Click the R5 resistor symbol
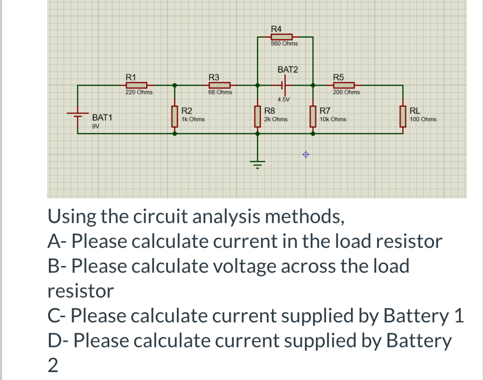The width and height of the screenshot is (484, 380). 341,85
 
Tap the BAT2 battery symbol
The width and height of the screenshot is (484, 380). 285,85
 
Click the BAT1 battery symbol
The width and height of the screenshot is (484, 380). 78,115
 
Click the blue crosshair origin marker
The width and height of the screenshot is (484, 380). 305,155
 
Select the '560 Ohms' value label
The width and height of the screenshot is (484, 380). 284,43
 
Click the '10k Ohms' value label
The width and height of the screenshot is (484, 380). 333,119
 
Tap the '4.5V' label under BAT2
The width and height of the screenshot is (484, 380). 284,99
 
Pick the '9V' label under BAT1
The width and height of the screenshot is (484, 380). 96,126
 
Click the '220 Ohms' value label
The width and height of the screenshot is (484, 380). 139,92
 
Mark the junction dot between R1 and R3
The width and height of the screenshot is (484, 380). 175,85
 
